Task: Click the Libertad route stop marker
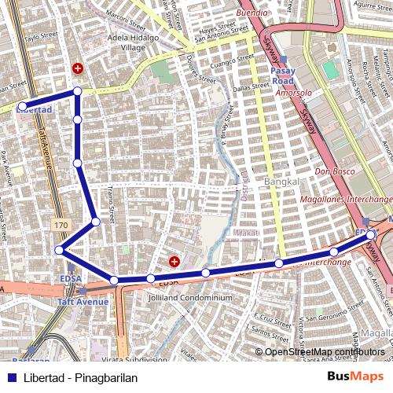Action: pos(22,105)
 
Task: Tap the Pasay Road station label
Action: pos(282,75)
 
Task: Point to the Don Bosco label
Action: pos(330,171)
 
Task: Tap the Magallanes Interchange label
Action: pos(347,200)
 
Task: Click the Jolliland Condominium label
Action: pos(190,298)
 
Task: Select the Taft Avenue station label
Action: pos(83,302)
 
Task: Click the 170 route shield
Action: pos(61,226)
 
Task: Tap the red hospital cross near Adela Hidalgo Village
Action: pos(77,69)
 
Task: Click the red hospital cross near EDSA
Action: pos(174,261)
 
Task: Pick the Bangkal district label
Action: pos(284,182)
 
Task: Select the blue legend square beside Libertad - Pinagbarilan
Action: pos(12,377)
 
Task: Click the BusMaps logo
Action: pos(356,376)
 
